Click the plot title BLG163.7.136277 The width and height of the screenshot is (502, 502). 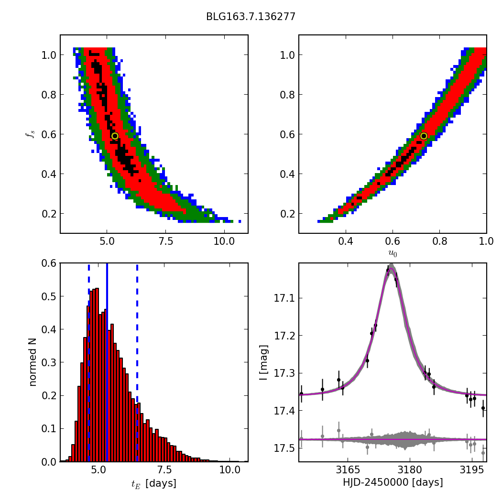(x=251, y=17)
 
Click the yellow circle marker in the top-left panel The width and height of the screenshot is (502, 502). (x=115, y=136)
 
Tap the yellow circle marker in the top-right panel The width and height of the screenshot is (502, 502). (x=424, y=136)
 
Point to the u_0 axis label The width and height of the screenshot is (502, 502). (x=393, y=253)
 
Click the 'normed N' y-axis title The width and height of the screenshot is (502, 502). (x=33, y=362)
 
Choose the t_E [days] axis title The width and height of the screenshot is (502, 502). (x=154, y=483)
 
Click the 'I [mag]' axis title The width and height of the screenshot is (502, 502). (x=263, y=362)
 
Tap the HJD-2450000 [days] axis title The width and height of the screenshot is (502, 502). (x=393, y=482)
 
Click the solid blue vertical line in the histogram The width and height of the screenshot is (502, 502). (x=107, y=362)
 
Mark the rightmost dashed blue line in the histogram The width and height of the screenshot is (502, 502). (x=137, y=362)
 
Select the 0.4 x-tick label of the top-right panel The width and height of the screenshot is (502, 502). (x=346, y=241)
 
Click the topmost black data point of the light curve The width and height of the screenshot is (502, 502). (x=388, y=270)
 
